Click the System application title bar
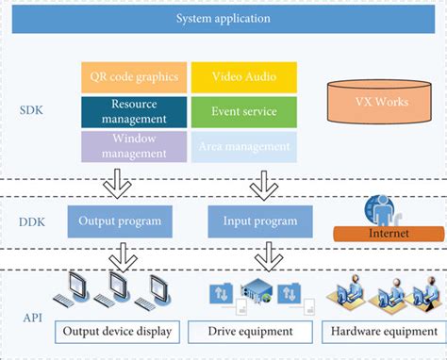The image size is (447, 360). (x=224, y=18)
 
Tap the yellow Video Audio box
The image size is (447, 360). (x=244, y=76)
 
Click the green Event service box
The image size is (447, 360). (x=244, y=111)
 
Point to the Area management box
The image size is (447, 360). (x=244, y=146)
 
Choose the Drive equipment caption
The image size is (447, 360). (x=252, y=332)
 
